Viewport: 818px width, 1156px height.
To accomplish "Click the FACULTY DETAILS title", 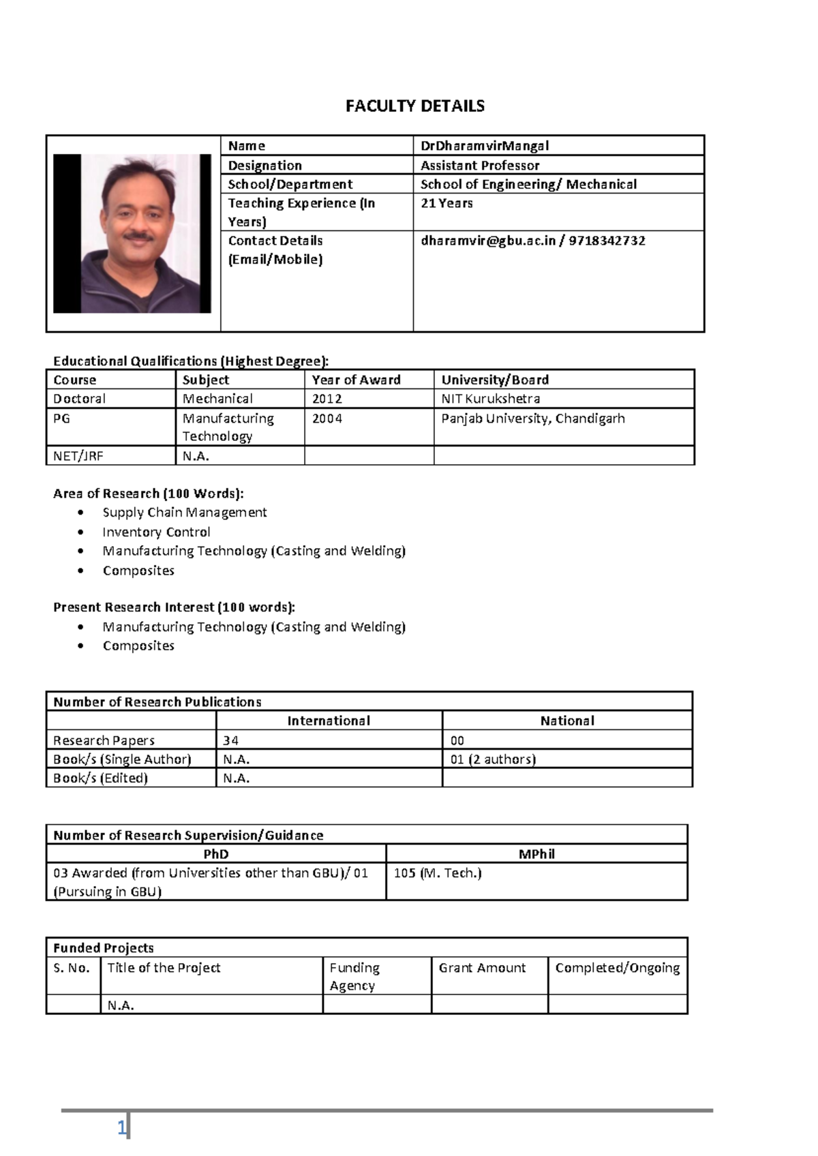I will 414,106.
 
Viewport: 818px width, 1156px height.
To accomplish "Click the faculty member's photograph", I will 132,233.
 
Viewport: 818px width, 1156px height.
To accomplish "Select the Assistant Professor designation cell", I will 480,165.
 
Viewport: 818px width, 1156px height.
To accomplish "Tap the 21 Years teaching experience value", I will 446,203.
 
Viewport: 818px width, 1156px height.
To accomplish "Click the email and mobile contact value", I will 532,241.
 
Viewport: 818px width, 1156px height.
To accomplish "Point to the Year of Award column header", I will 356,380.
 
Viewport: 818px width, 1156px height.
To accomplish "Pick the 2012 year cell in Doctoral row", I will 327,399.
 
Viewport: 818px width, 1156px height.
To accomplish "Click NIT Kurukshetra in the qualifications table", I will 490,399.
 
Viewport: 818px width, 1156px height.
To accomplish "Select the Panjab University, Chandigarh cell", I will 532,419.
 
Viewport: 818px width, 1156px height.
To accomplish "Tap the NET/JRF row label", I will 78,456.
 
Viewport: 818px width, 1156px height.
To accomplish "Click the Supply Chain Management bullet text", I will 184,513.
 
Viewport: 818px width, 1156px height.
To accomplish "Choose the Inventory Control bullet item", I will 156,532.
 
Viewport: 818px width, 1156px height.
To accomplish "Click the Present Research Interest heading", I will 174,607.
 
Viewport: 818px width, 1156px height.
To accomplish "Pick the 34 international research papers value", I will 231,740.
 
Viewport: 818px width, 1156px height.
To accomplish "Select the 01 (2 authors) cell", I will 493,759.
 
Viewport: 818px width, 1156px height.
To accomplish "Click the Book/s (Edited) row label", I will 100,778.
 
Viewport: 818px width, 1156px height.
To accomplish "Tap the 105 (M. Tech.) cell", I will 438,873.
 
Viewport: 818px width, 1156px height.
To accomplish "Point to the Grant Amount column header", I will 482,968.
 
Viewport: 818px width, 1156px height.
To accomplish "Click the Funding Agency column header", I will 354,976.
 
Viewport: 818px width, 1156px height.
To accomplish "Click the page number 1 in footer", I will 122,1128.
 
